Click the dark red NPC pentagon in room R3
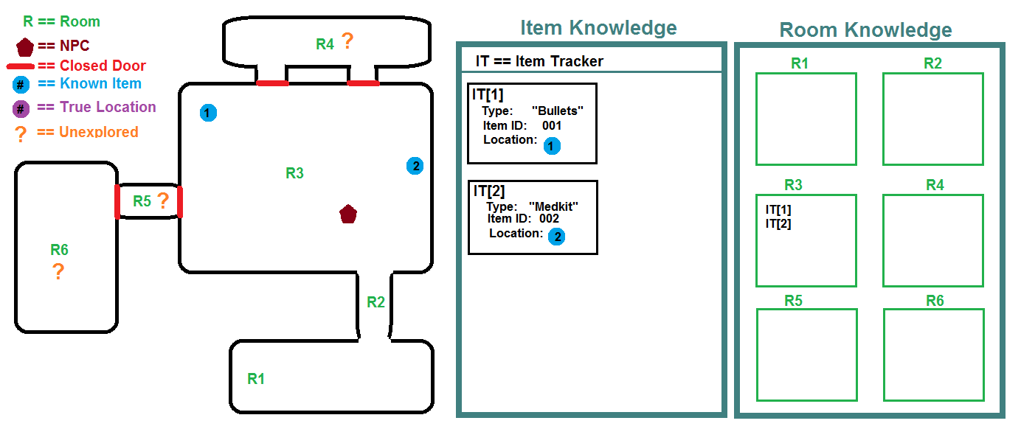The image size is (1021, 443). (348, 214)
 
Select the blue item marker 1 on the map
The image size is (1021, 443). (208, 113)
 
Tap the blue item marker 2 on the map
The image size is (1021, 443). (415, 166)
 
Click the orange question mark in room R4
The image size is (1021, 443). (347, 42)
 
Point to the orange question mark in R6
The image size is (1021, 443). (58, 273)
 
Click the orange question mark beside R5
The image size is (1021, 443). (163, 200)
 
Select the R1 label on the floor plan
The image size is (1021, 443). (256, 379)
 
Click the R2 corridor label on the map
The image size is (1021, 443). (375, 301)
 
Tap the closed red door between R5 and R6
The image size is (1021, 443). (117, 201)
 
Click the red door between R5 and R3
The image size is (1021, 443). (179, 202)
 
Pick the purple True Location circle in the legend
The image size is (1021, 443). (21, 108)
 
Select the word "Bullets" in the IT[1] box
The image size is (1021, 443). (557, 111)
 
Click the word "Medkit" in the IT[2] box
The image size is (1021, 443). (553, 206)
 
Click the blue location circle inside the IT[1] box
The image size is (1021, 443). (551, 147)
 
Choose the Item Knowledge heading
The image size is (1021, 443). (598, 28)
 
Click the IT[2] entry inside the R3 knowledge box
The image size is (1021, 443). (778, 224)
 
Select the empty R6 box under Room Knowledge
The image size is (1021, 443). (933, 355)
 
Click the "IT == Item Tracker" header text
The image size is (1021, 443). (539, 61)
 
